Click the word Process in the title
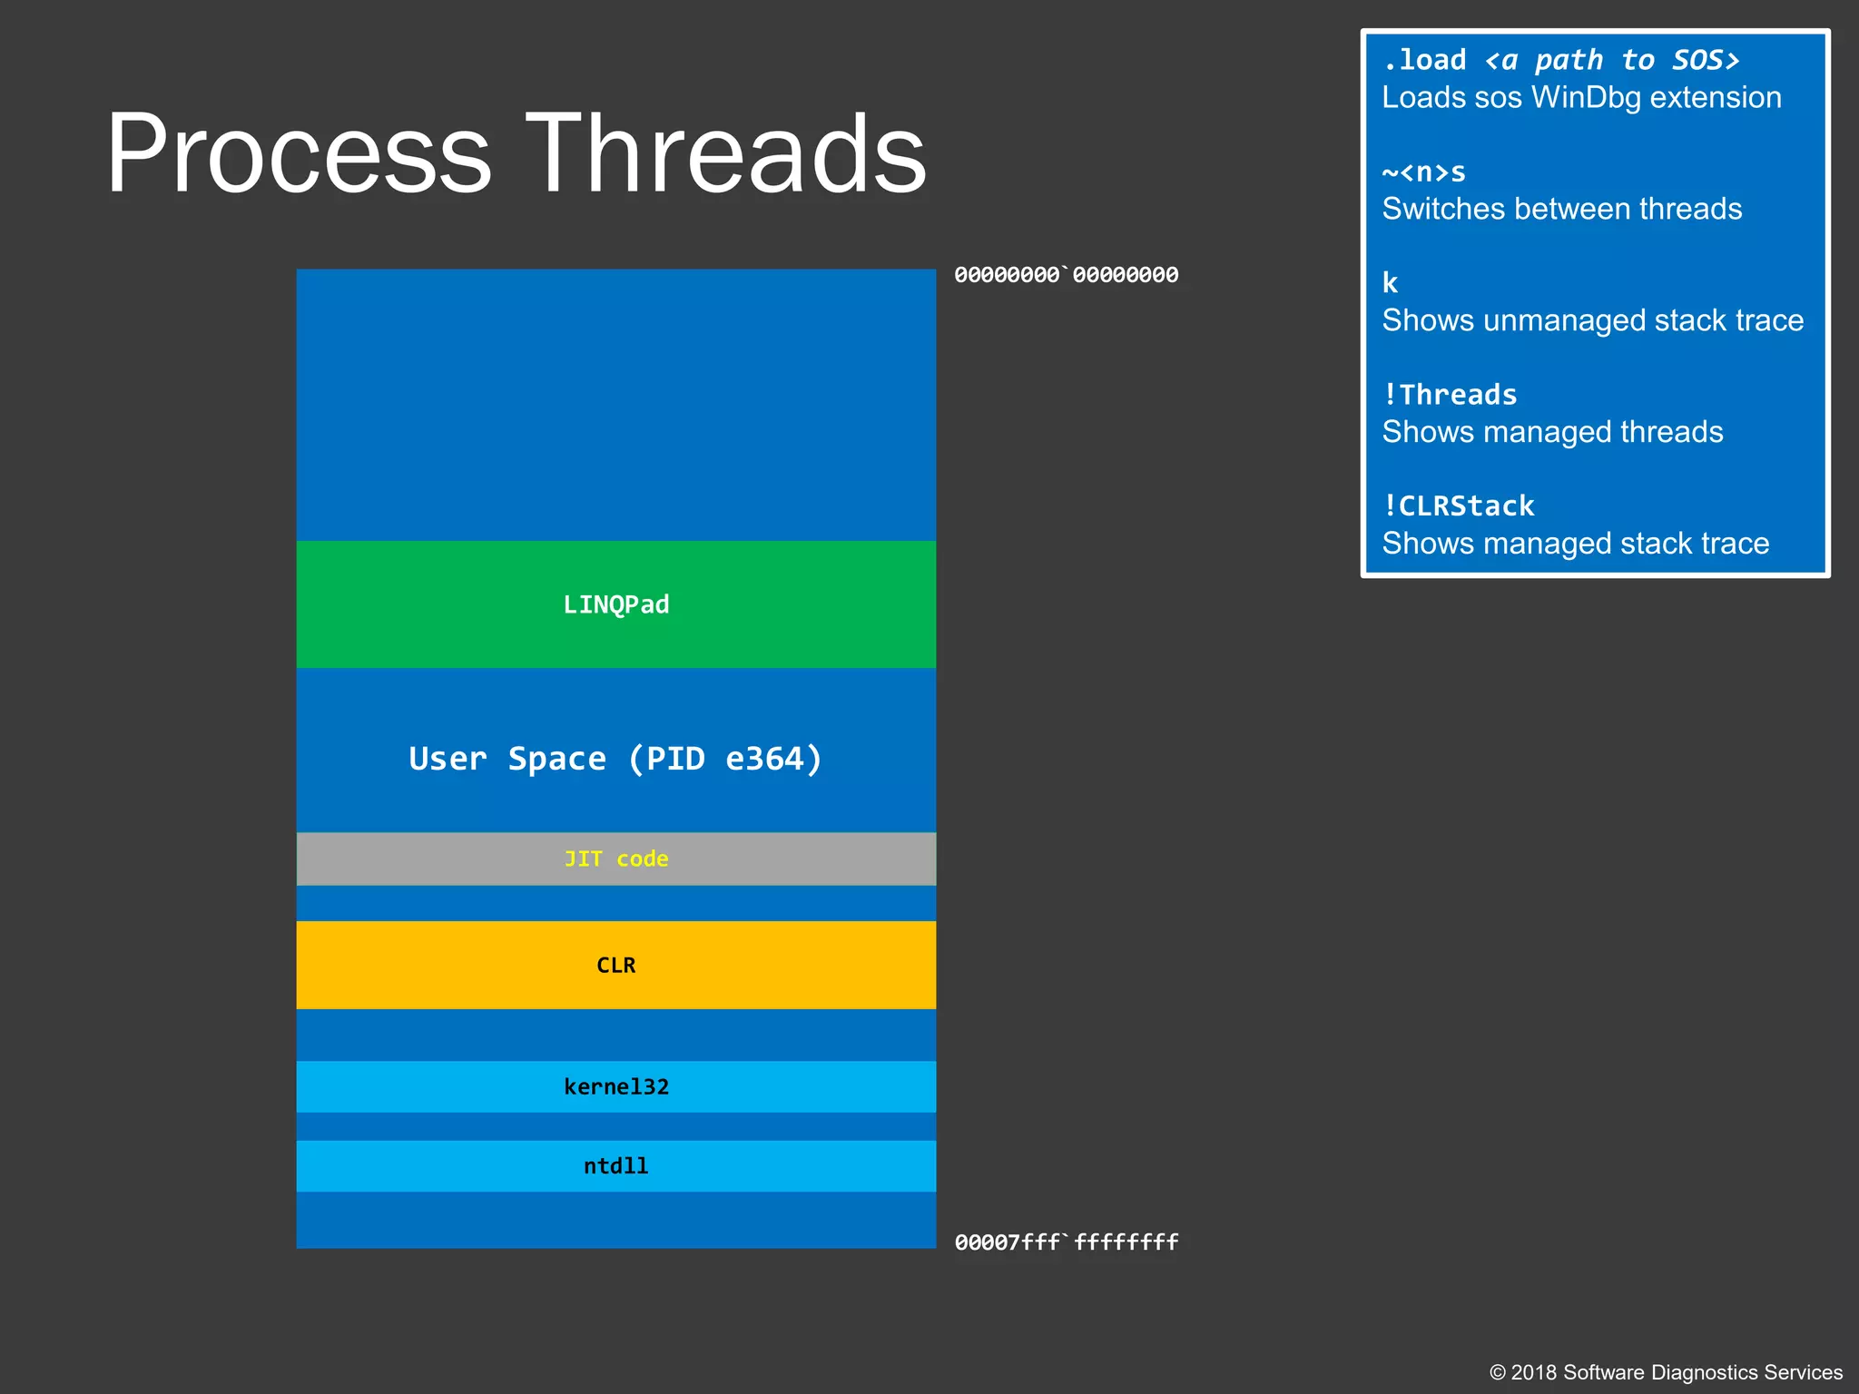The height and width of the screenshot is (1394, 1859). [300, 154]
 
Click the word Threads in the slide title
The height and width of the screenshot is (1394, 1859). [726, 154]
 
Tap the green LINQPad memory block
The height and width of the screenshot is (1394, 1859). [615, 604]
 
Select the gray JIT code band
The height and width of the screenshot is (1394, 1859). [615, 859]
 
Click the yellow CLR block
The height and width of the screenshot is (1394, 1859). [615, 965]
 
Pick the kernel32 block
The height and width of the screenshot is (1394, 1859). [615, 1086]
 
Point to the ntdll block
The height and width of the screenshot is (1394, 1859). [615, 1165]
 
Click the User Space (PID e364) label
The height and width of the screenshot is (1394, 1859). [615, 759]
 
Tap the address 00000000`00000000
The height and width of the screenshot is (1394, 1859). [1066, 275]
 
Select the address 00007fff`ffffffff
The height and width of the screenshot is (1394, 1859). [1066, 1242]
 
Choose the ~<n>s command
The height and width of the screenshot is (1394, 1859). [1423, 172]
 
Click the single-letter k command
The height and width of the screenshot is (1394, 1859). [1390, 283]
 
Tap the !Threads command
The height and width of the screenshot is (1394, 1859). [1450, 395]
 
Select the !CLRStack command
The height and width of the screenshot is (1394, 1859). [1458, 506]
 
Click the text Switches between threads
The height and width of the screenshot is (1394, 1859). [1561, 209]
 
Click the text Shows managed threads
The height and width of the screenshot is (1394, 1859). [1552, 432]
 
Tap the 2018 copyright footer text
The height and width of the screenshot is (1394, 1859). [1666, 1372]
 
